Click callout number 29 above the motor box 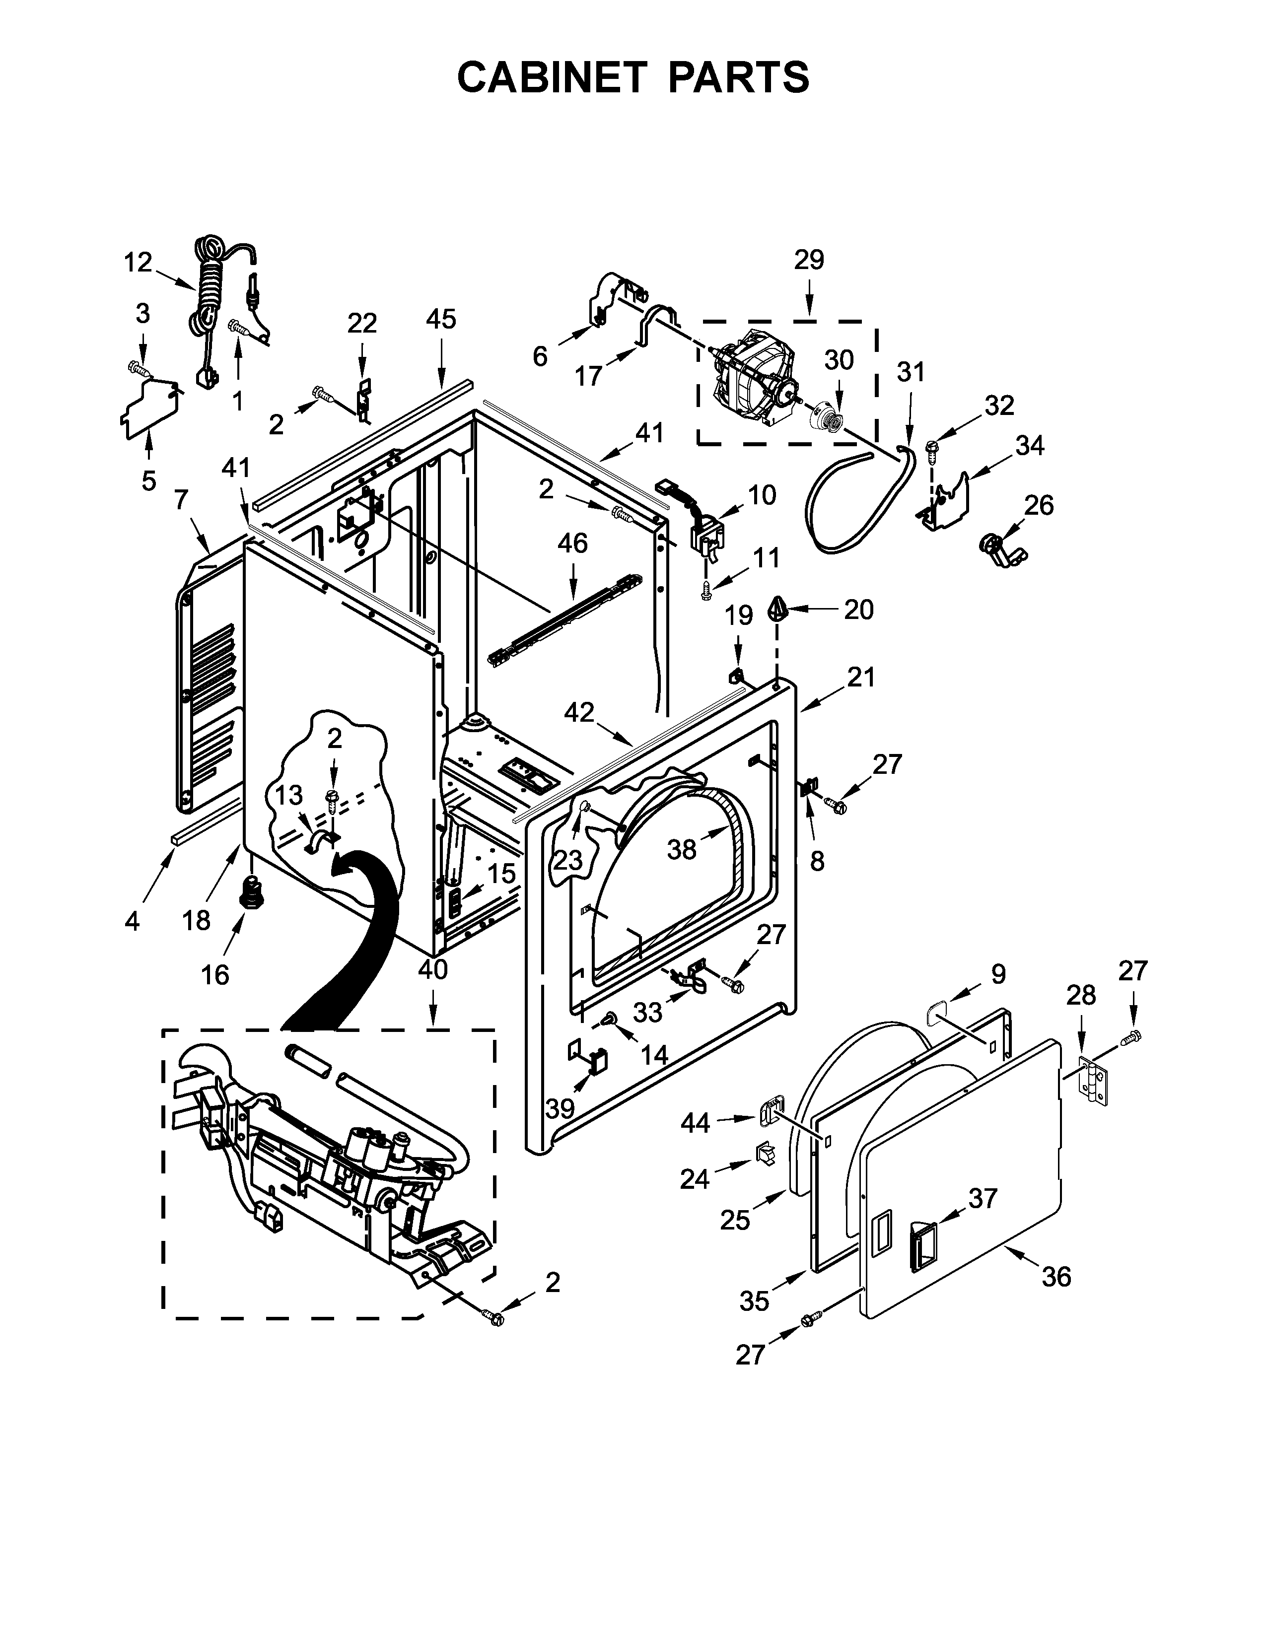[x=809, y=260]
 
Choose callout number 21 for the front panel [x=861, y=677]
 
